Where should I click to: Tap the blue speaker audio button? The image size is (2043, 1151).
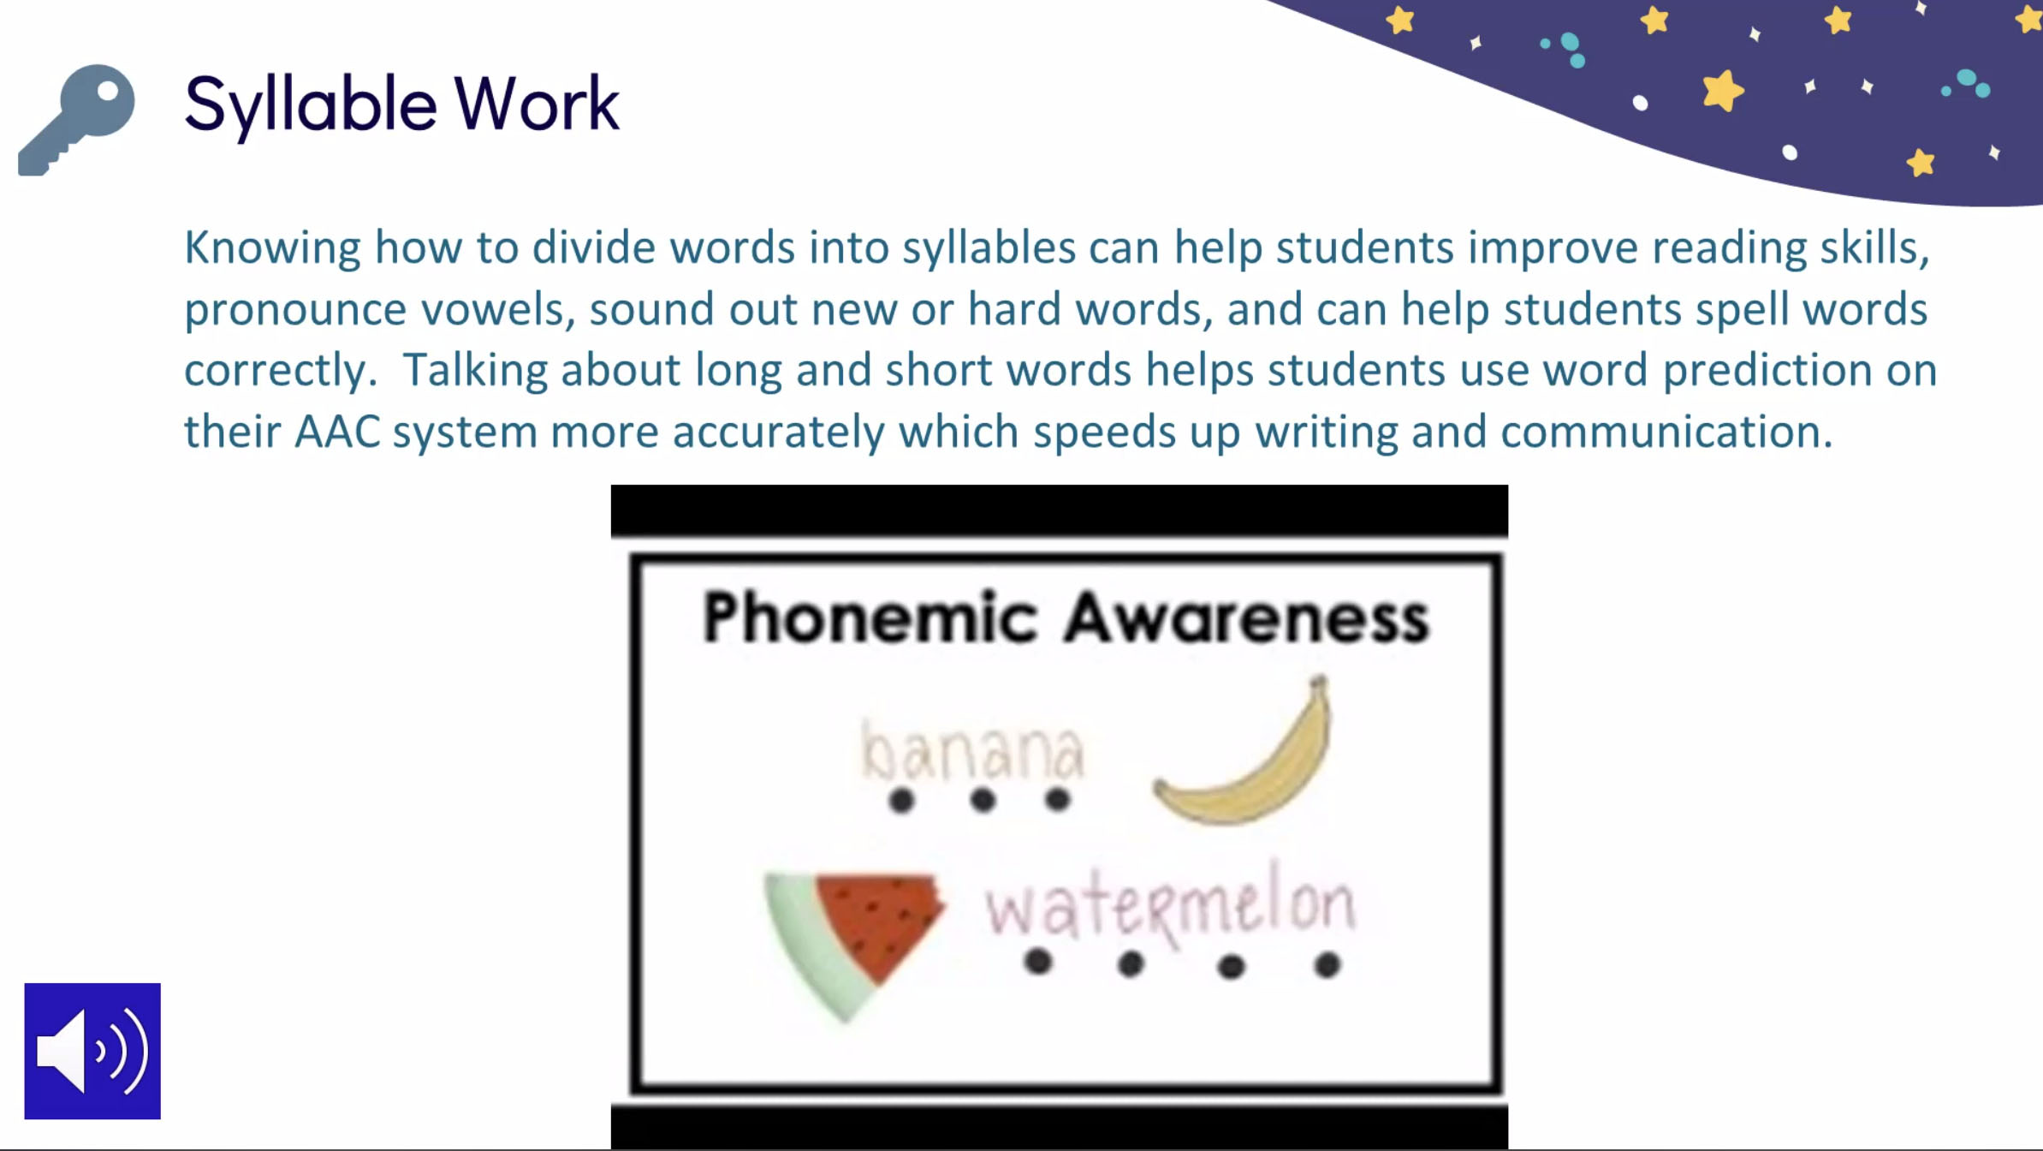(92, 1051)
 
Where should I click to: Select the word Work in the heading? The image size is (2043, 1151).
(537, 104)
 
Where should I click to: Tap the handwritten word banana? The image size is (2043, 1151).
(971, 751)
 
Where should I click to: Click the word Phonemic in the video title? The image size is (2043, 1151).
(869, 617)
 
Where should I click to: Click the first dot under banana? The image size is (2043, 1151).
(901, 801)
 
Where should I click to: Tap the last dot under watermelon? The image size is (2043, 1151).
(1327, 965)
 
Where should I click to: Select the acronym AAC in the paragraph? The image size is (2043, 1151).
(337, 431)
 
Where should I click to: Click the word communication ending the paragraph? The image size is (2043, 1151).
(1666, 432)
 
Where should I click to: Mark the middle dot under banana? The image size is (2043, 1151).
(983, 801)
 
